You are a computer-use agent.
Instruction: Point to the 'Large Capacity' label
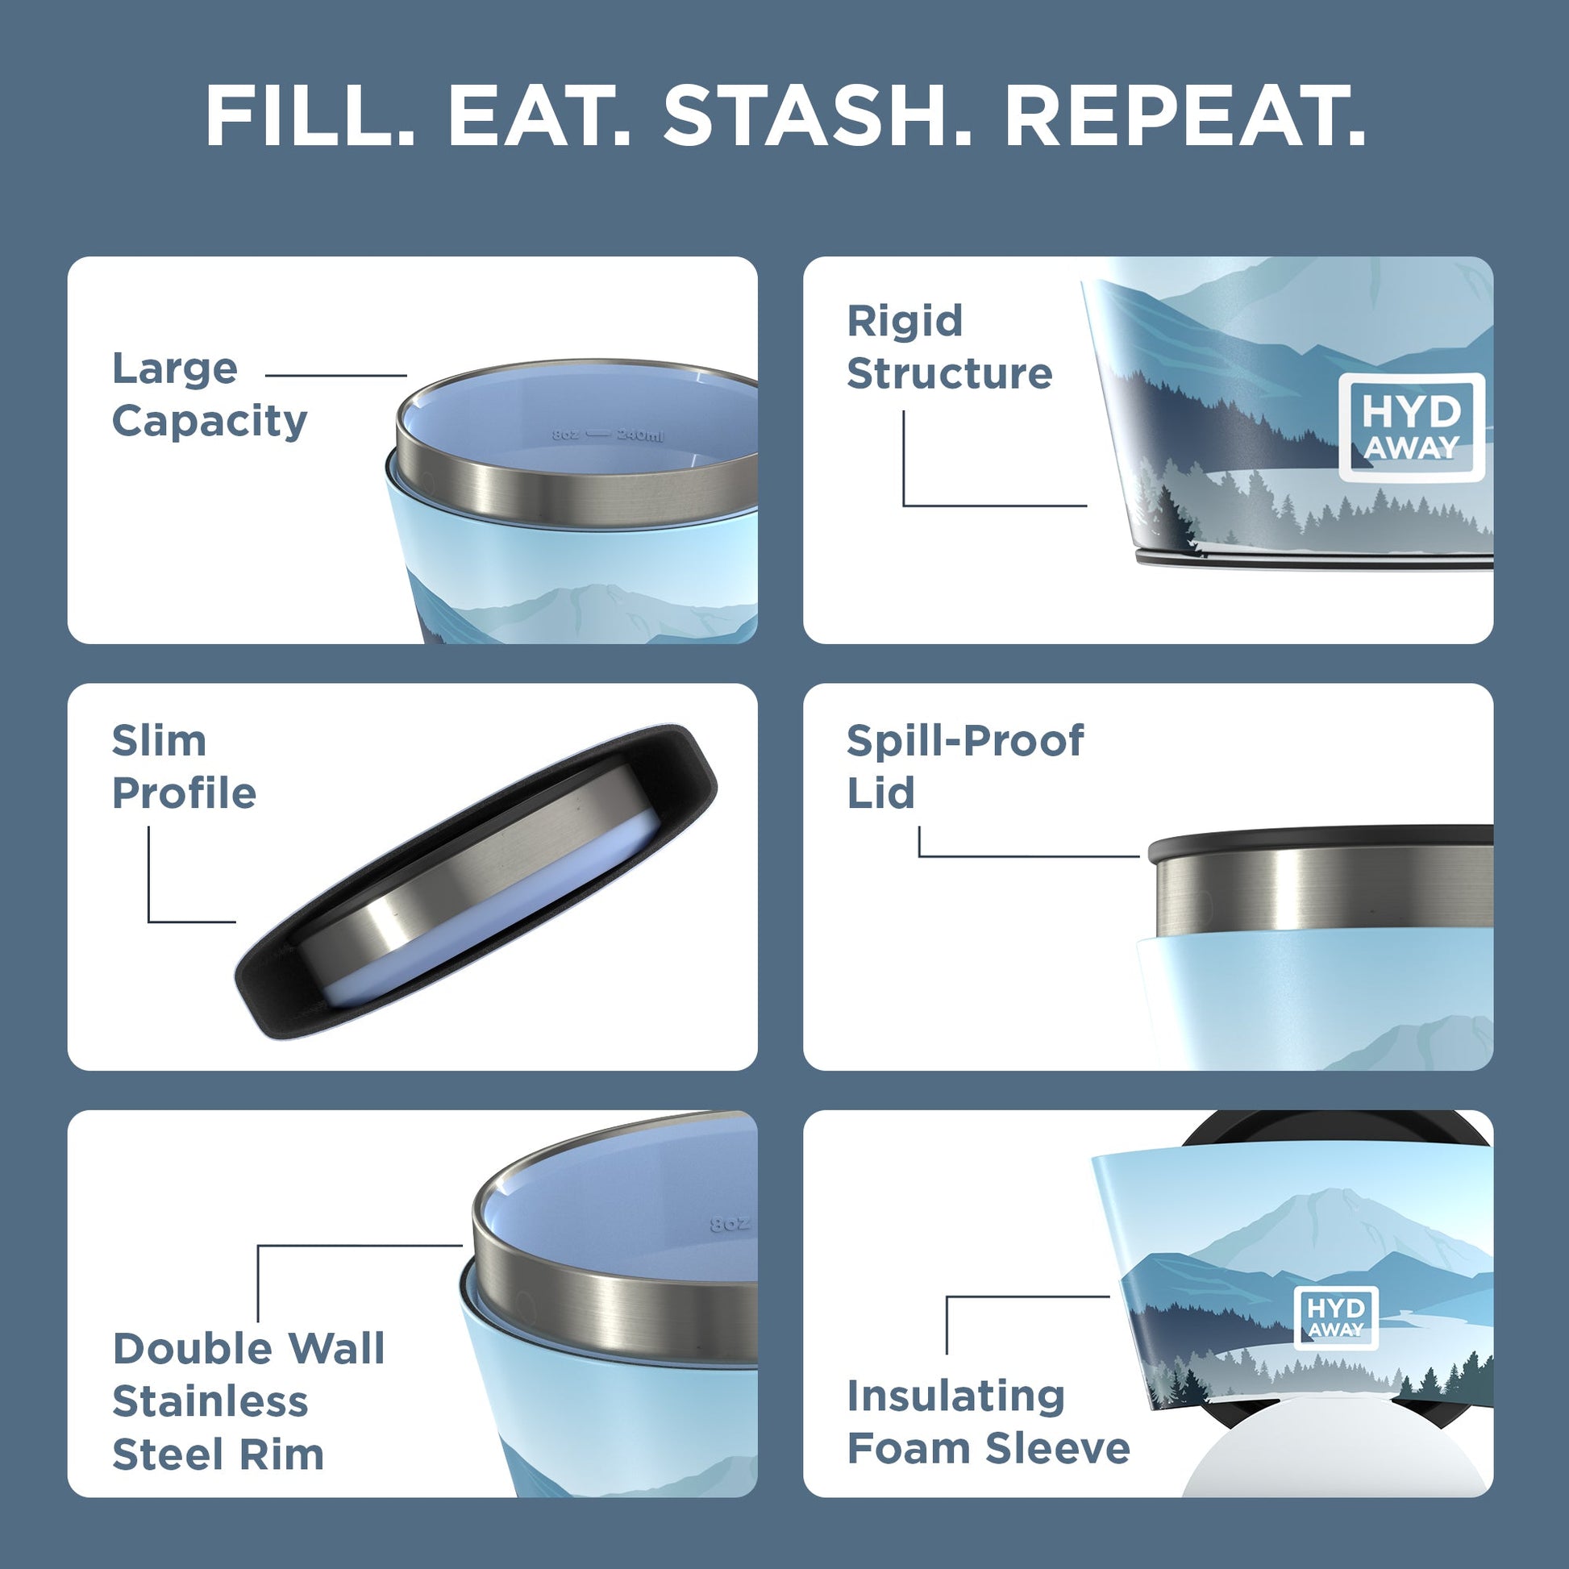pyautogui.click(x=210, y=395)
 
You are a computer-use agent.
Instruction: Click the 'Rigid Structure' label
pyautogui.click(x=948, y=347)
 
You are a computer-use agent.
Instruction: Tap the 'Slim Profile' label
pyautogui.click(x=184, y=767)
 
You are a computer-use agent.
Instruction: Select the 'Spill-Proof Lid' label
pyautogui.click(x=964, y=767)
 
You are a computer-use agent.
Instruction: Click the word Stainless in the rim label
pyautogui.click(x=210, y=1402)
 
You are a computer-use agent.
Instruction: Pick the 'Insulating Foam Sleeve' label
pyautogui.click(x=988, y=1422)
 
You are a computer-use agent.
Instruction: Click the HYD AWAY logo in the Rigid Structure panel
pyautogui.click(x=1411, y=427)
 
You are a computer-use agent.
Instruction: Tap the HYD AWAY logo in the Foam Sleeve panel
pyautogui.click(x=1335, y=1317)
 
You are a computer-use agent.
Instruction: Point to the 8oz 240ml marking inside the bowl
pyautogui.click(x=607, y=435)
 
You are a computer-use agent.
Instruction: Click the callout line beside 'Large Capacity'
pyautogui.click(x=335, y=376)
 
